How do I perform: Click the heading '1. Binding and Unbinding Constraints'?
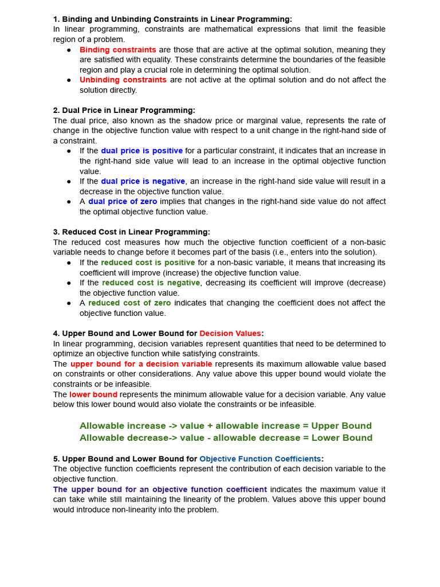coord(172,19)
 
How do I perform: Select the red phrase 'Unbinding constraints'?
coord(123,80)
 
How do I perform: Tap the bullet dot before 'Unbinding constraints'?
coord(69,80)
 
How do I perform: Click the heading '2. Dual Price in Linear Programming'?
coord(124,110)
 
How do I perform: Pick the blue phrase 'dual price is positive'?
coord(142,151)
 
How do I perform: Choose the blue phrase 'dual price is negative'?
coord(143,181)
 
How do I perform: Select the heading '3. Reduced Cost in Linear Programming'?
coord(132,232)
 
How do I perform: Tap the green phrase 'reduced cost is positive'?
coord(148,263)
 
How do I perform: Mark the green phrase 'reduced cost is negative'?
coord(151,283)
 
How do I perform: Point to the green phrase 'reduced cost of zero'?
coord(129,303)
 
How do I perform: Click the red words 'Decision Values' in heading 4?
coord(230,334)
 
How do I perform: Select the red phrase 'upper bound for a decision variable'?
coord(141,364)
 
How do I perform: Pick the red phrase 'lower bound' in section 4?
coord(93,394)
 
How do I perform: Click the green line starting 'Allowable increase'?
coord(225,426)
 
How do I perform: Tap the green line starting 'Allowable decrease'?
coord(226,438)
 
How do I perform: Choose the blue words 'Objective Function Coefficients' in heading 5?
coord(260,459)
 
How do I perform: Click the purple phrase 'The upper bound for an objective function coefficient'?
coord(160,489)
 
